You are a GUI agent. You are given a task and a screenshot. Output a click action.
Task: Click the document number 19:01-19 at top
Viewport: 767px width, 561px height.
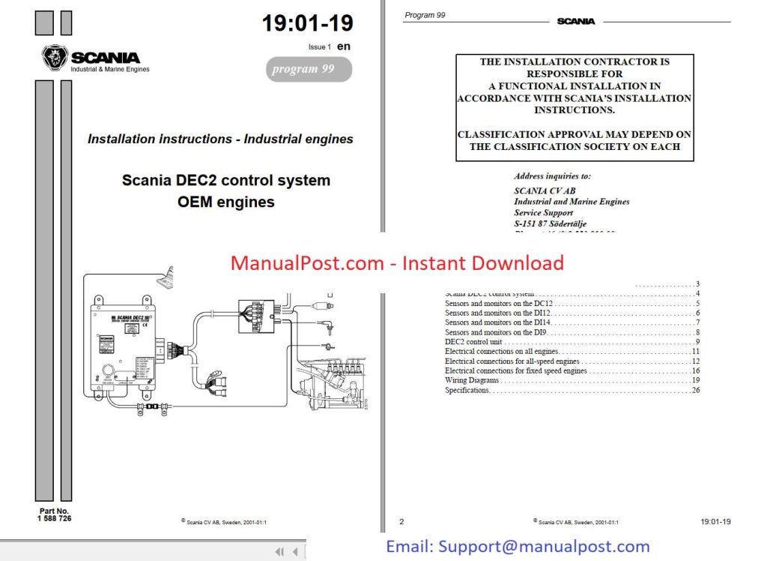(x=307, y=23)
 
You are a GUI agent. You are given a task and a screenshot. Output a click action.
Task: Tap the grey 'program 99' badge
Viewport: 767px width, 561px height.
(x=309, y=70)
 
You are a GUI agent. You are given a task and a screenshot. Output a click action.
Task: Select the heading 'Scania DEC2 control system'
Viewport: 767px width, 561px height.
(x=225, y=181)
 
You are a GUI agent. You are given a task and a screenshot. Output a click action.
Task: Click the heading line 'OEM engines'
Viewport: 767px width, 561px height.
(x=225, y=202)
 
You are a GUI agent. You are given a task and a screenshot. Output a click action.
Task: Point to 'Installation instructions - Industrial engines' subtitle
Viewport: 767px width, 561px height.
(x=220, y=139)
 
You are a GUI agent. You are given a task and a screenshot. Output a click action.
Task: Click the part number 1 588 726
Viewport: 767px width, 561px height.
(x=55, y=518)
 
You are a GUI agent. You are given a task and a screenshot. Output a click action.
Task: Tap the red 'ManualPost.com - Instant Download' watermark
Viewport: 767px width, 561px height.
(x=397, y=263)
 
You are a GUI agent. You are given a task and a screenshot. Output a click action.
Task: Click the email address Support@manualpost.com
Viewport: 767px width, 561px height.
(x=518, y=547)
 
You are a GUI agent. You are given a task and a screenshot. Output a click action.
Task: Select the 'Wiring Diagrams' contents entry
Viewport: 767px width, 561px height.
(x=472, y=380)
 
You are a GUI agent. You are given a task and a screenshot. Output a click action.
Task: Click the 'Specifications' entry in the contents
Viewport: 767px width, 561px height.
(x=467, y=390)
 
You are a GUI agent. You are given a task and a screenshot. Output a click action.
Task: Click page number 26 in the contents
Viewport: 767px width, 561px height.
(x=696, y=390)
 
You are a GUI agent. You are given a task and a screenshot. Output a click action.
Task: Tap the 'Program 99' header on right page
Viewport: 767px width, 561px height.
(x=425, y=15)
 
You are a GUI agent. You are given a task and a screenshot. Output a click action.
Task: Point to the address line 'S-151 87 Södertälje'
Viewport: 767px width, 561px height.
(x=550, y=223)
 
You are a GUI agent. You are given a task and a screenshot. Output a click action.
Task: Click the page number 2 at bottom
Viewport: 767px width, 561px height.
(x=401, y=521)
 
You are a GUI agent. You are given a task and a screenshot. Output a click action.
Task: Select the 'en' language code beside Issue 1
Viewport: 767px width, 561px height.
(x=344, y=46)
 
